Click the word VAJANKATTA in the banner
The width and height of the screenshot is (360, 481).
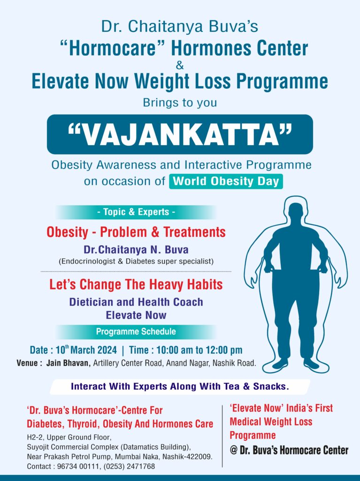(180, 134)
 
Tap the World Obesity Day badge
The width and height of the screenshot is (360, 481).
(226, 181)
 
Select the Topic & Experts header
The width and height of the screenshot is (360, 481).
(136, 212)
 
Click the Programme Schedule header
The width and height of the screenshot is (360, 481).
(136, 332)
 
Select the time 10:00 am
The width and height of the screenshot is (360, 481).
(171, 350)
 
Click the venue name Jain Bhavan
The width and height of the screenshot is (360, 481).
(68, 363)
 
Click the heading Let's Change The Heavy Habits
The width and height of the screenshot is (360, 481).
(136, 285)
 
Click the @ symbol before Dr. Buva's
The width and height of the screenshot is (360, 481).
(234, 450)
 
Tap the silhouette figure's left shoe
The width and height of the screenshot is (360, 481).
(281, 364)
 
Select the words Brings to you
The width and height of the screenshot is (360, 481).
(180, 102)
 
